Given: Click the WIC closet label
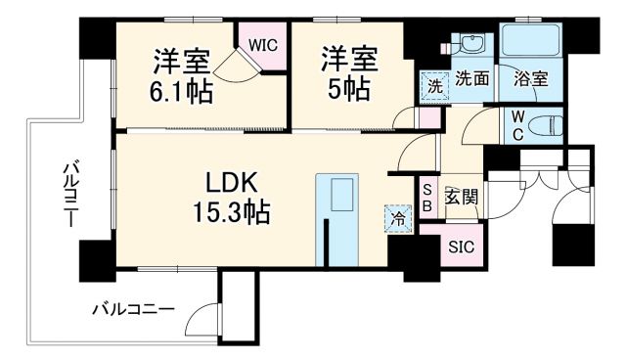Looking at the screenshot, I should click(x=262, y=44).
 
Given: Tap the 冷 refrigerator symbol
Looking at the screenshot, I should click(x=397, y=218).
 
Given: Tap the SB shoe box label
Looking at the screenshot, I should click(x=427, y=199).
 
